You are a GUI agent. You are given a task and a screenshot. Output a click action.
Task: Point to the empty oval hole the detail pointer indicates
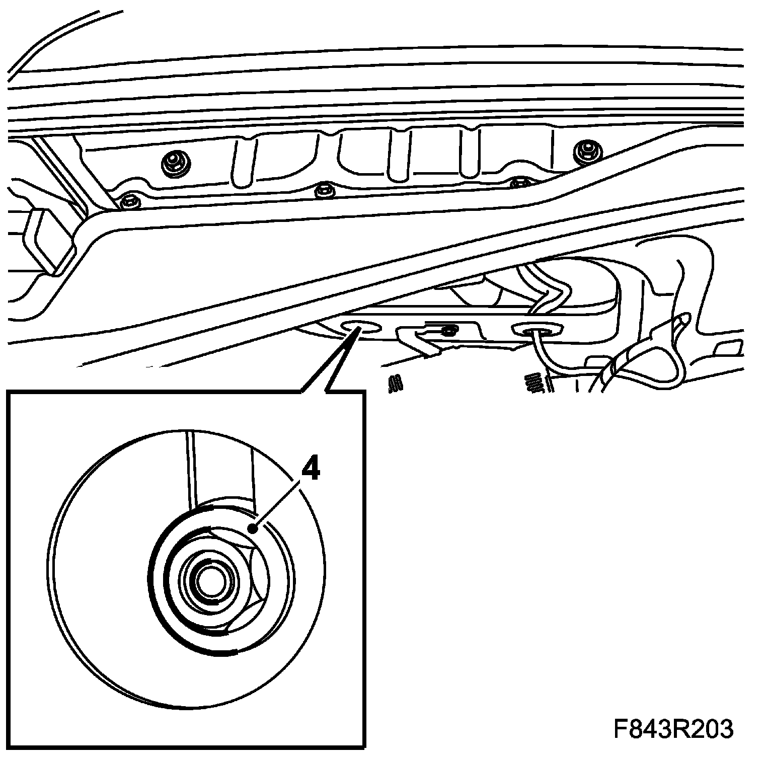[x=360, y=327]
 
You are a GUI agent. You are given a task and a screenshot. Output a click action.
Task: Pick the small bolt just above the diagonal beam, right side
[x=518, y=183]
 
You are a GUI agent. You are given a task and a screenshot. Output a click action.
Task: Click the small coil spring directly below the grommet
[x=537, y=383]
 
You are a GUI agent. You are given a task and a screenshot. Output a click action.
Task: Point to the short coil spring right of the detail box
[x=395, y=385]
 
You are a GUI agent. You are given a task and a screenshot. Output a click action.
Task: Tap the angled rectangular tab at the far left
[x=46, y=241]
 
